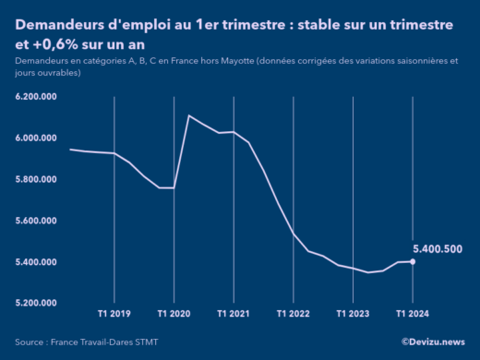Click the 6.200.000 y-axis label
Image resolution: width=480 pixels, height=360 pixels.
click(37, 96)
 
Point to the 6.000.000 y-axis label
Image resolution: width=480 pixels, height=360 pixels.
click(37, 138)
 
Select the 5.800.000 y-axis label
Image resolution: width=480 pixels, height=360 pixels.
click(37, 179)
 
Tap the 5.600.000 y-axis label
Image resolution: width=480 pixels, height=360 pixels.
click(37, 221)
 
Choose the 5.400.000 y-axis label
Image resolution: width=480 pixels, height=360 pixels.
click(37, 262)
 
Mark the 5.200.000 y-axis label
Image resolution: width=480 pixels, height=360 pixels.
click(37, 303)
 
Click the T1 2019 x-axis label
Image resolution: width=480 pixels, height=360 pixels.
click(114, 314)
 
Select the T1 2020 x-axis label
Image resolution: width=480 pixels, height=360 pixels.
click(174, 314)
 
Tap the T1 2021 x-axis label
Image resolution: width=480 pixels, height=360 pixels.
click(233, 314)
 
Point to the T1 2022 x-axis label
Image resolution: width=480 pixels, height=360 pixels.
click(293, 314)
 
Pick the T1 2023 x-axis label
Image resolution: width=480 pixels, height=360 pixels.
click(353, 314)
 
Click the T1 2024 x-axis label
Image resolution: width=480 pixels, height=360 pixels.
click(412, 314)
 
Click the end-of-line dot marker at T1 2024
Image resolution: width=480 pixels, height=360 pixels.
click(412, 262)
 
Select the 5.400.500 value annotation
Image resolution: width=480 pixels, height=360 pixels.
click(438, 249)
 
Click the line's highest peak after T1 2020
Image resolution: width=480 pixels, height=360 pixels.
click(188, 115)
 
